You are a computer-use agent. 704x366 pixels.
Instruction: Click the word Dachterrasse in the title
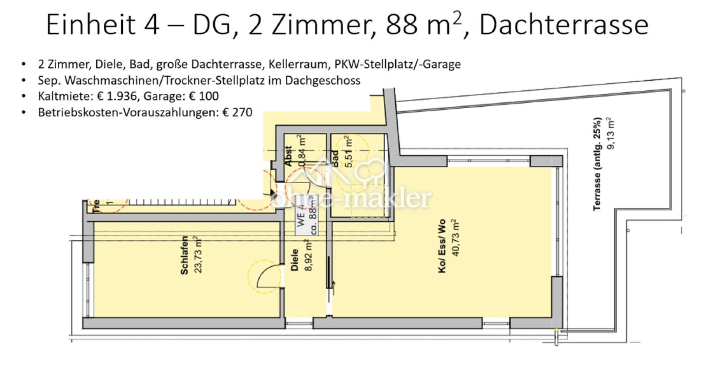coord(564,26)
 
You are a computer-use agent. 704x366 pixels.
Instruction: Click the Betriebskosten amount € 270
coord(237,112)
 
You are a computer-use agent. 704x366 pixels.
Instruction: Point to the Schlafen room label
coord(185,255)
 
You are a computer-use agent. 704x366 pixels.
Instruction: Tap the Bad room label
coord(335,159)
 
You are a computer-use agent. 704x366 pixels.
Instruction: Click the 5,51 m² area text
coord(349,152)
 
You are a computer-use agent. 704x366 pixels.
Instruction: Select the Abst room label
coord(289,157)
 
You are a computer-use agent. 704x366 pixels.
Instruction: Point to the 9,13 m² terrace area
coord(612,133)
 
